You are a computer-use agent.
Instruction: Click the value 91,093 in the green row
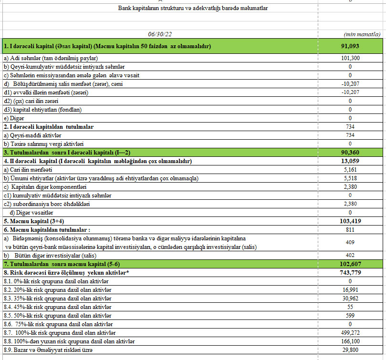350,46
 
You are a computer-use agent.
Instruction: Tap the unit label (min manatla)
362,34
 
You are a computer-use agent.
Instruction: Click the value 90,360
350,153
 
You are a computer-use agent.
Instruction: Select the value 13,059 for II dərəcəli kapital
350,161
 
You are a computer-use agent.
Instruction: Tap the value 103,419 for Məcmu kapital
350,221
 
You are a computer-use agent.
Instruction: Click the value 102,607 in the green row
350,264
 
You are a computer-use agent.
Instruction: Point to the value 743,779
350,272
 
